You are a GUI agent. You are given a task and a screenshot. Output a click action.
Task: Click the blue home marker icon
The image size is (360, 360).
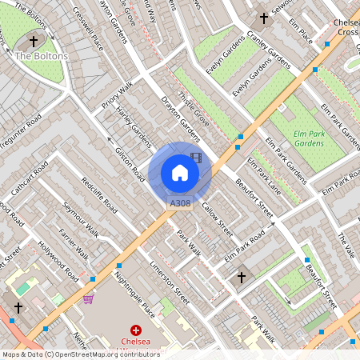180,173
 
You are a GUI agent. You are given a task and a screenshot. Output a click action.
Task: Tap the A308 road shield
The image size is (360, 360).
180,204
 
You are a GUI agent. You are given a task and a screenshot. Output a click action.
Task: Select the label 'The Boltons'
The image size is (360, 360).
42,56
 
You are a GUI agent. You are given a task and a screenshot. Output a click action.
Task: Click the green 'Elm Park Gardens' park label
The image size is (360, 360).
298,138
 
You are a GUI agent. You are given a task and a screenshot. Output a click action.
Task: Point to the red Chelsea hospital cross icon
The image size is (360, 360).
136,330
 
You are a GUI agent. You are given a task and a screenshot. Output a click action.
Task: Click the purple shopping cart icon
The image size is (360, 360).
87,299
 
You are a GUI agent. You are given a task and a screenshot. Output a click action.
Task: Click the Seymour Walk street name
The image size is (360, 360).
81,218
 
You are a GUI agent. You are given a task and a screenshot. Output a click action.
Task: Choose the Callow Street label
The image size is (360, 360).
216,218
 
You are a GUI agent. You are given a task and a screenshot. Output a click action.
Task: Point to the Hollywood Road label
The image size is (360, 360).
62,262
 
